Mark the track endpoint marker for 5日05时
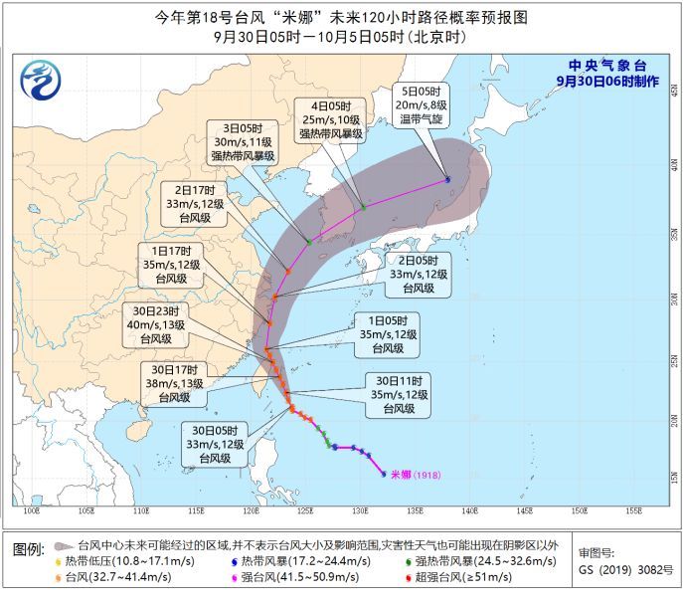(x=447, y=180)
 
